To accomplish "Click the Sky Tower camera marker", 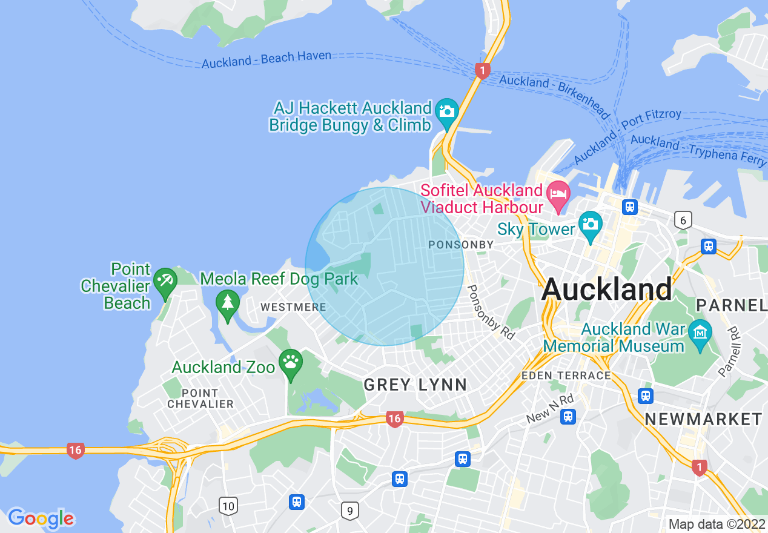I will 590,223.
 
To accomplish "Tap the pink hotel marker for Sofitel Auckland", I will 558,194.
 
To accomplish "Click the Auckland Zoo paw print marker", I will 291,363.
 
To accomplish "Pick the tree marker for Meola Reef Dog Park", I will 228,302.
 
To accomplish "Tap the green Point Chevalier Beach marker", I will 165,281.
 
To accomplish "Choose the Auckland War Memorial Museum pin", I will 701,333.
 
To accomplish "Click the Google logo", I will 41,518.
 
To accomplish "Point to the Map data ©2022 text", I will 715,523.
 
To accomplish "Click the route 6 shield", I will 683,220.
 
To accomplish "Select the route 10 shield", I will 228,505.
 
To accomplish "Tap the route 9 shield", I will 349,511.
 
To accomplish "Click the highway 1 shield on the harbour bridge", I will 482,70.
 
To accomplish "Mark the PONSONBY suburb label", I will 461,245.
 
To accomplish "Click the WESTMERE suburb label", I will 293,308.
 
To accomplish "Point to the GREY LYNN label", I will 415,385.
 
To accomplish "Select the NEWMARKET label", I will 703,419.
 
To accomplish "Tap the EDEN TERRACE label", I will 566,376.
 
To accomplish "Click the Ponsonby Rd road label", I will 491,312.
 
